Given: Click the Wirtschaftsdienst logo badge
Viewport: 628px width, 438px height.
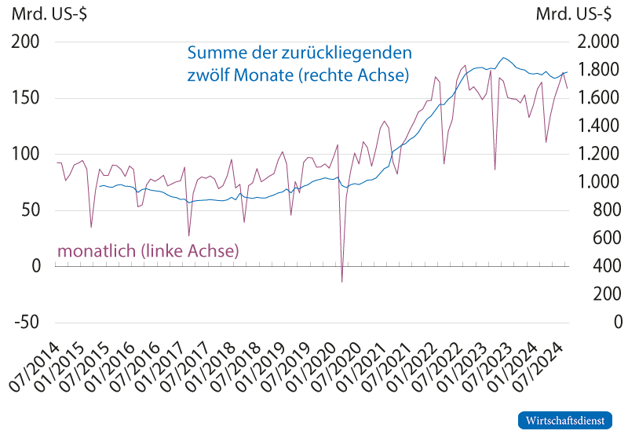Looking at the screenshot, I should click(x=565, y=420).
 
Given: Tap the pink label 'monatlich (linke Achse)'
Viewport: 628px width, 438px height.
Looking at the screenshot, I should click(x=148, y=251).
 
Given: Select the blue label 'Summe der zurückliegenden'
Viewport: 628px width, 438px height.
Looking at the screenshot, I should click(x=299, y=54).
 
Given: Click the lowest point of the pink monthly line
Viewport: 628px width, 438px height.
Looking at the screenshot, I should click(x=342, y=281).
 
